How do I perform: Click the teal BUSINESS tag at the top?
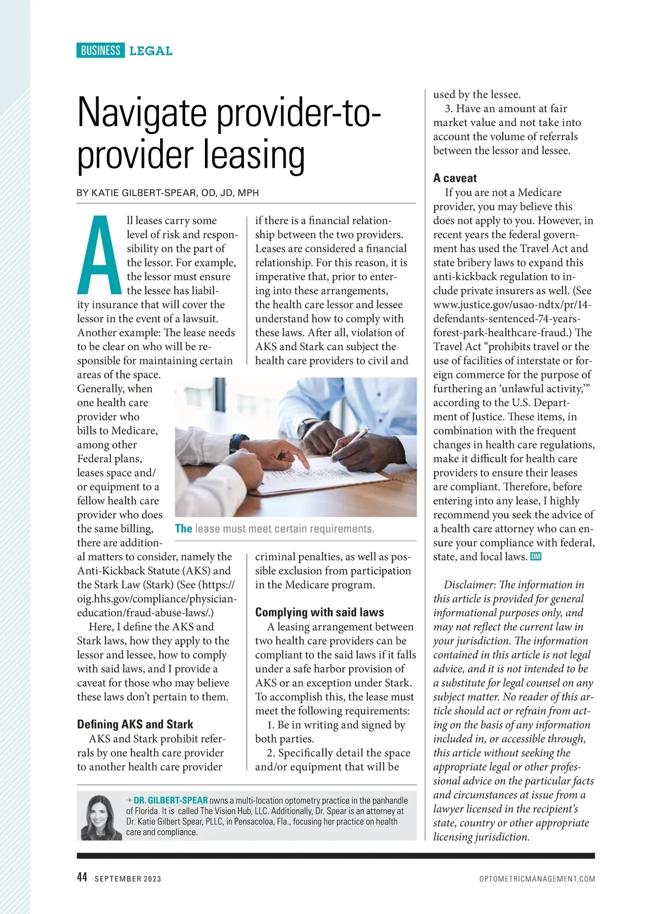pyautogui.click(x=100, y=50)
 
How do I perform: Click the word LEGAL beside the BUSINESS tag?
pyautogui.click(x=151, y=51)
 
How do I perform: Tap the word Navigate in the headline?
pyautogui.click(x=142, y=113)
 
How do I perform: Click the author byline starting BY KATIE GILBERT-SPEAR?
pyautogui.click(x=168, y=193)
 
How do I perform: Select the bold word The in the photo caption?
pyautogui.click(x=183, y=528)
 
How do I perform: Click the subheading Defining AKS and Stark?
pyautogui.click(x=135, y=724)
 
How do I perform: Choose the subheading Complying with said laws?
pyautogui.click(x=319, y=612)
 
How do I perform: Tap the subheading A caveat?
pyautogui.click(x=455, y=178)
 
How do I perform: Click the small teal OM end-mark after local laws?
pyautogui.click(x=535, y=556)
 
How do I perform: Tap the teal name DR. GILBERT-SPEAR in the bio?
pyautogui.click(x=170, y=800)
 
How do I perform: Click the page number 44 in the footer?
pyautogui.click(x=82, y=878)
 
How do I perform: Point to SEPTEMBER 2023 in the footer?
pyautogui.click(x=128, y=879)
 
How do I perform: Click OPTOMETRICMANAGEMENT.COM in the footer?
pyautogui.click(x=537, y=879)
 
